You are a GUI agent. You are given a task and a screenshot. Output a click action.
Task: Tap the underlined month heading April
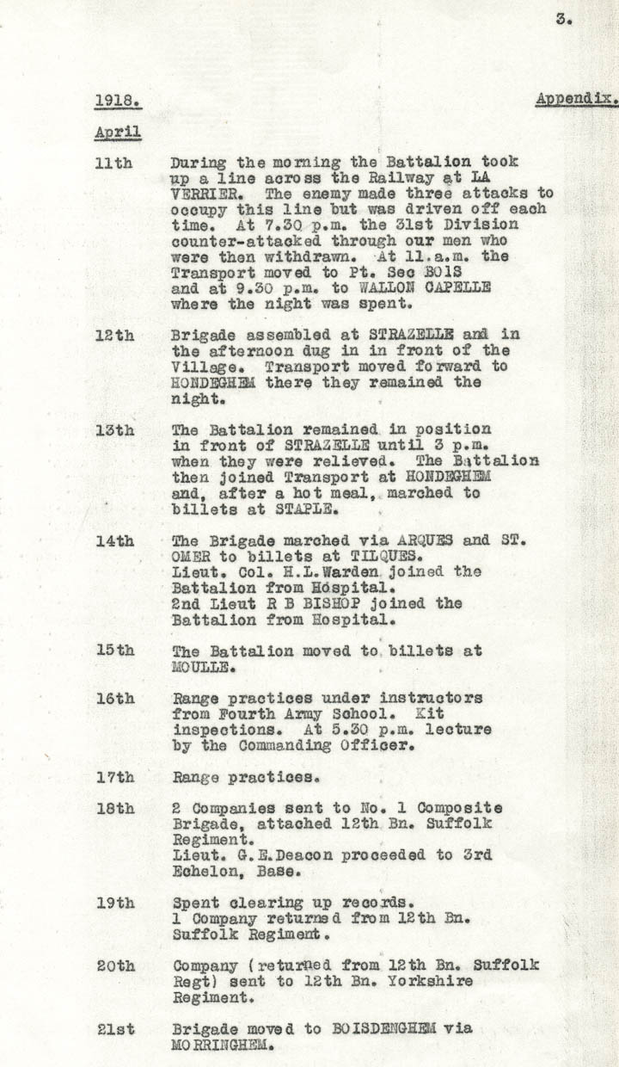pyautogui.click(x=118, y=133)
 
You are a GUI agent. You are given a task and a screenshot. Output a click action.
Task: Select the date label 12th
pyautogui.click(x=114, y=335)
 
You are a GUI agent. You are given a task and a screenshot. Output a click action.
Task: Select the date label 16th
pyautogui.click(x=114, y=698)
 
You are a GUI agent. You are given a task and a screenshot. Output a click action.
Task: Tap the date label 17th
pyautogui.click(x=114, y=777)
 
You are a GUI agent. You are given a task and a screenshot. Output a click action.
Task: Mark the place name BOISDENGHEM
pyautogui.click(x=399, y=1028)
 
